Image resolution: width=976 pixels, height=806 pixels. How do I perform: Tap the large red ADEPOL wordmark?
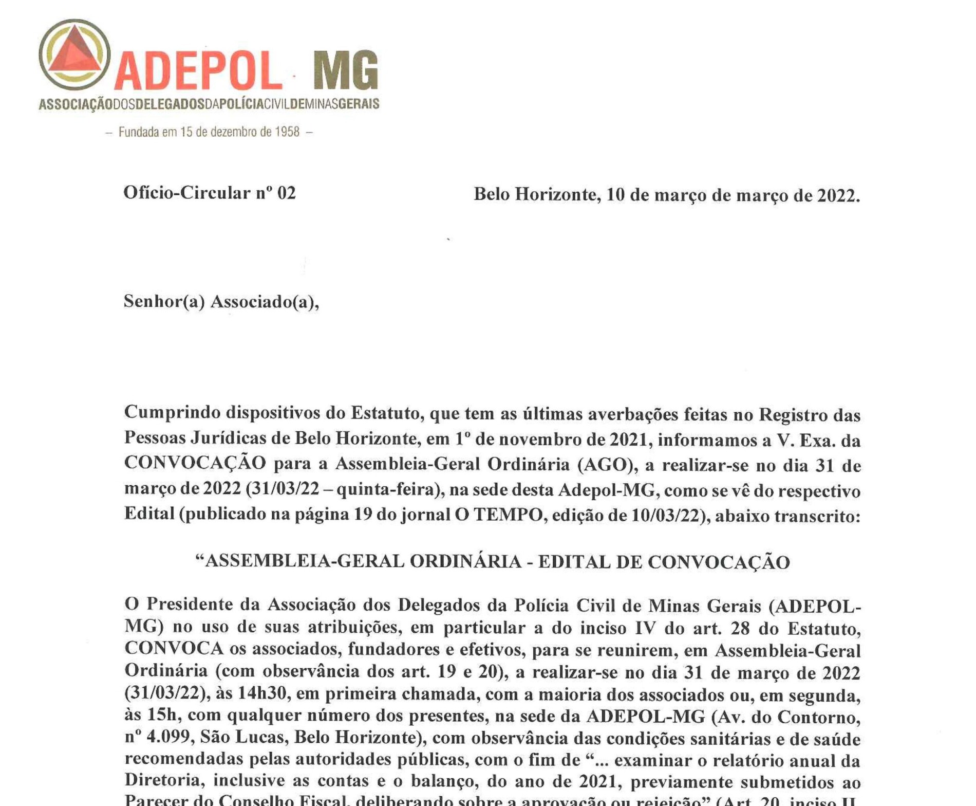pyautogui.click(x=198, y=71)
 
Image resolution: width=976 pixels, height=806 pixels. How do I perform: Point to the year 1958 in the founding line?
pyautogui.click(x=287, y=132)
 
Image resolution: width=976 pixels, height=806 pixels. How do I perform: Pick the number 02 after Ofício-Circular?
pyautogui.click(x=286, y=193)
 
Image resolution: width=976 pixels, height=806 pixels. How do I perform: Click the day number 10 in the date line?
pyautogui.click(x=615, y=195)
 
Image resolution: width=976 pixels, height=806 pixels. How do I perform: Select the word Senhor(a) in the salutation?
pyautogui.click(x=164, y=301)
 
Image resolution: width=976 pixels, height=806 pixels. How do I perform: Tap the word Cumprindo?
pyautogui.click(x=171, y=413)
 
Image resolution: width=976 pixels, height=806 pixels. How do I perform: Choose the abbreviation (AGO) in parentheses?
pyautogui.click(x=605, y=465)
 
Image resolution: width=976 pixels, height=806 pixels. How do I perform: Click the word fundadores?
pyautogui.click(x=391, y=649)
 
